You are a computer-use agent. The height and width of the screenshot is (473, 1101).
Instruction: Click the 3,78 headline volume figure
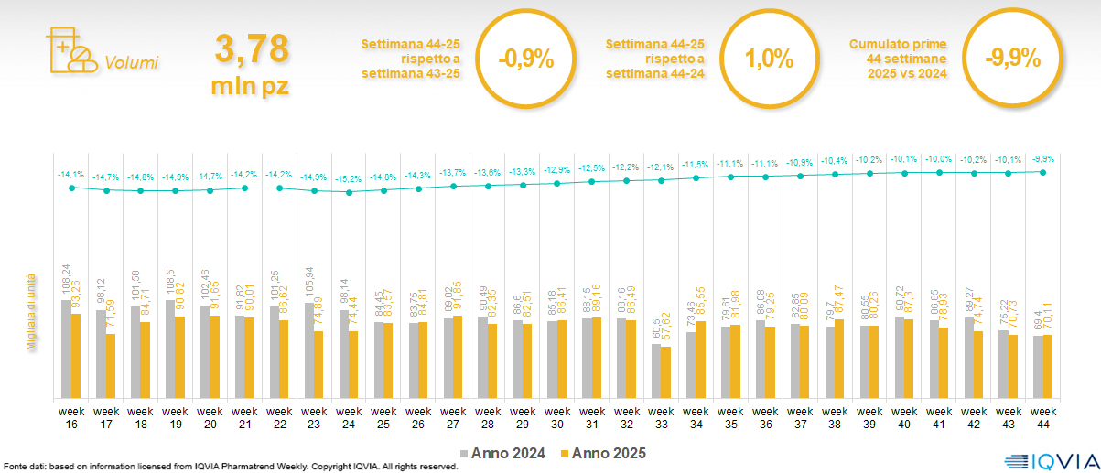tap(251, 48)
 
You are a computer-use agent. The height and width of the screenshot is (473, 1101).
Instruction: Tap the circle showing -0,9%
tap(526, 59)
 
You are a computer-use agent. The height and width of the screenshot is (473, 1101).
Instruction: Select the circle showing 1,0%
tap(769, 59)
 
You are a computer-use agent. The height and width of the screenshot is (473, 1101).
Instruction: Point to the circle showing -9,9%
tap(1012, 59)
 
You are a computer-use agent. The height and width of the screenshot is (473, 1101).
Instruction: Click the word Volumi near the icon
tap(131, 63)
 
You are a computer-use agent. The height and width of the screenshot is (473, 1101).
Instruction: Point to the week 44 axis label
tap(1043, 417)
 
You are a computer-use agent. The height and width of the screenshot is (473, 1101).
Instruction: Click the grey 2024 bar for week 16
tap(66, 349)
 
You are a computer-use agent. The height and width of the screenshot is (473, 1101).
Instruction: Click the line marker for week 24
tap(349, 192)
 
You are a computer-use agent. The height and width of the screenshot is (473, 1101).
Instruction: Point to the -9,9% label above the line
tap(1042, 158)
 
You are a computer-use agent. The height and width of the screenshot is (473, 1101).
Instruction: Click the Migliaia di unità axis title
tap(31, 311)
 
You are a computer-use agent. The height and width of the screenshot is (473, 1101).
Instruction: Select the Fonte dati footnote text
tap(229, 467)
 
